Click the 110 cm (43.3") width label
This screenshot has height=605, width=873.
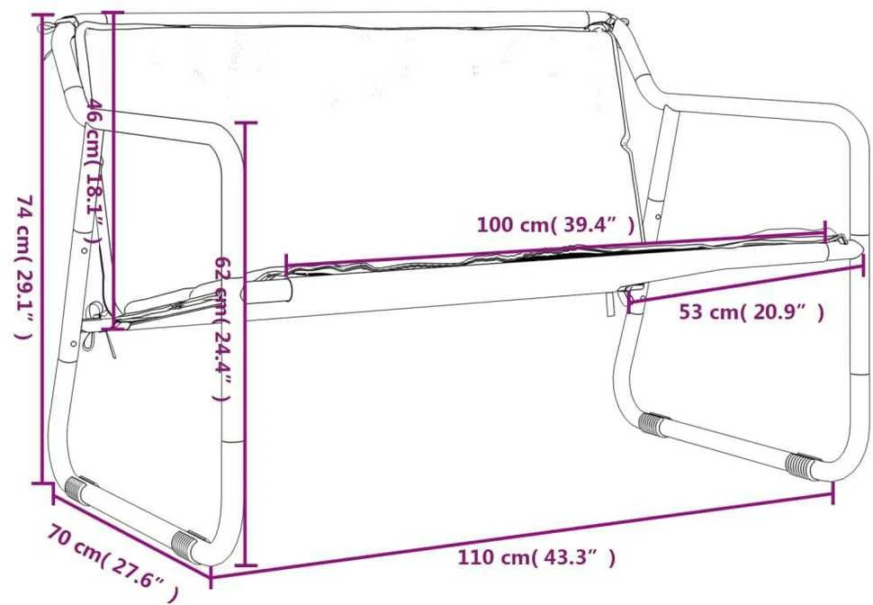point(536,557)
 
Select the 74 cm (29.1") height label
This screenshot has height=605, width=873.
point(24,266)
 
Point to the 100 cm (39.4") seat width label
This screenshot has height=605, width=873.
point(555,224)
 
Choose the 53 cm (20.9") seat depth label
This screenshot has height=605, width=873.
point(751,312)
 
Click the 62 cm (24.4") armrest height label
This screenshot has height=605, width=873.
point(223,329)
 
